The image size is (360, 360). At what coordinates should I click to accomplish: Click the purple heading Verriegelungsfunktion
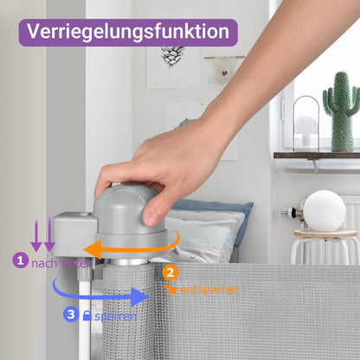point(128,31)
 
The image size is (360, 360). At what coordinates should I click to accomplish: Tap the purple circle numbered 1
point(20,260)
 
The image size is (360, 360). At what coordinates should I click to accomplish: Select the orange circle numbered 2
point(170,273)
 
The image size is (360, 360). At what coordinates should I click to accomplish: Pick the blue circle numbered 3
point(71,314)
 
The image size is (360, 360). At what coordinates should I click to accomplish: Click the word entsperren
point(209,290)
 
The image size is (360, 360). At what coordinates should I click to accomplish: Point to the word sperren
point(115,317)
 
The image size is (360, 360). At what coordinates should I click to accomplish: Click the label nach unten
point(62,263)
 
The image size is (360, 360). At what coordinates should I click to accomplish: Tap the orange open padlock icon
point(170,289)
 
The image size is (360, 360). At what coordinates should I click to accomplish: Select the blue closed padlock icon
point(87,315)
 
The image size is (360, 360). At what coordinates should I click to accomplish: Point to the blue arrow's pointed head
point(140,297)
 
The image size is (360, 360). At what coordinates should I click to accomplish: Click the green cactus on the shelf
point(341,112)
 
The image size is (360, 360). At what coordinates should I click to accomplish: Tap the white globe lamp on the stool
point(325,211)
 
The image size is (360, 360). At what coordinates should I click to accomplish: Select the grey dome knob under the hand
point(126,209)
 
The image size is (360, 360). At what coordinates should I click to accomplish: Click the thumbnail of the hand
point(151,217)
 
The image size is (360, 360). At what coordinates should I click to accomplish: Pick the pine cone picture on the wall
point(172,56)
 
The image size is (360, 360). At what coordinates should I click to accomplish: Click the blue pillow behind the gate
point(215,214)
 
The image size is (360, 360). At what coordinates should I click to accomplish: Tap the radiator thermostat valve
point(290,214)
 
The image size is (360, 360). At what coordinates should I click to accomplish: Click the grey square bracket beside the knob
point(74,235)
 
